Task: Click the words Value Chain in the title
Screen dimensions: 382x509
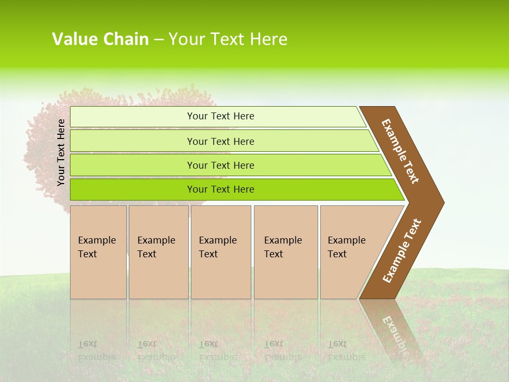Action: tap(100, 39)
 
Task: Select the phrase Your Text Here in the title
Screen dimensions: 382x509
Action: tap(228, 39)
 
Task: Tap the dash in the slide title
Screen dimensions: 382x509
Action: tap(159, 40)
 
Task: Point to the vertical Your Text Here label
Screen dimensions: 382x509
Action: tap(61, 152)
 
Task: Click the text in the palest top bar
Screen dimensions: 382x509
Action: tap(221, 116)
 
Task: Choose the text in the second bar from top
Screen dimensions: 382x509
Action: tap(221, 141)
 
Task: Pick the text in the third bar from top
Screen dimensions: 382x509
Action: tap(221, 165)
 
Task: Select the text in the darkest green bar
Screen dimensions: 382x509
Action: tap(221, 189)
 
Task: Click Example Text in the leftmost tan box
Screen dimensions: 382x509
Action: tap(96, 247)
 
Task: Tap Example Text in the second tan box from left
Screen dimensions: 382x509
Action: tap(156, 247)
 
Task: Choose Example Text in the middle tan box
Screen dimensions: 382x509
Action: tap(217, 247)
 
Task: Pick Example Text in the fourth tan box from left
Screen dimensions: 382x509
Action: tap(283, 247)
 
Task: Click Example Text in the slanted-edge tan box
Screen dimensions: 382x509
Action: tap(346, 247)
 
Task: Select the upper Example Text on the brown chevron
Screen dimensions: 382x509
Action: tap(400, 151)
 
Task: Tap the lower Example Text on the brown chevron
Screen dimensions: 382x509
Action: tap(402, 251)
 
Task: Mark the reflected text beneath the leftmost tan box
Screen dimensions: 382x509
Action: tap(96, 350)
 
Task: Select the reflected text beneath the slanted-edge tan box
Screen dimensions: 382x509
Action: tap(346, 350)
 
